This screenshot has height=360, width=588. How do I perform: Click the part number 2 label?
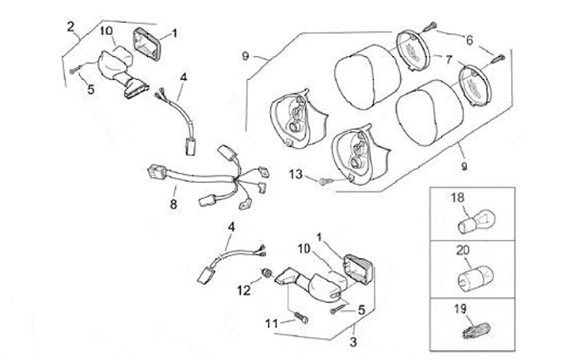(x=72, y=27)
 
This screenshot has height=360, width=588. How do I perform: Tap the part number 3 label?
(x=354, y=341)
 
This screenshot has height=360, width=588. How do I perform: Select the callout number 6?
(x=470, y=39)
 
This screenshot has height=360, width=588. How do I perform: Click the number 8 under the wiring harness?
(x=173, y=204)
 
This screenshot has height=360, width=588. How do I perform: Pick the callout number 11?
(x=272, y=323)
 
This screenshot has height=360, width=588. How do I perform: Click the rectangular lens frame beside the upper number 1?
(x=146, y=40)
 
